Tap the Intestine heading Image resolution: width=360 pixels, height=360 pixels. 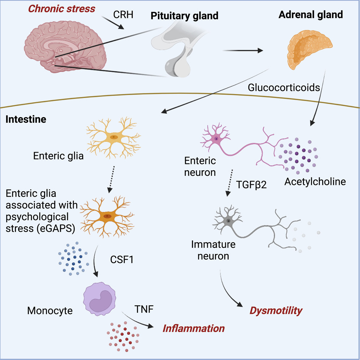pyautogui.click(x=26, y=119)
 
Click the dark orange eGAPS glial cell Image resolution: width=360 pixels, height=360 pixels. pyautogui.click(x=107, y=216)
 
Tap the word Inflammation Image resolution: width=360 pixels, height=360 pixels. pyautogui.click(x=193, y=329)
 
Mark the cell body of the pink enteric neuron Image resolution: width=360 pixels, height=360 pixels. pyautogui.click(x=216, y=139)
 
